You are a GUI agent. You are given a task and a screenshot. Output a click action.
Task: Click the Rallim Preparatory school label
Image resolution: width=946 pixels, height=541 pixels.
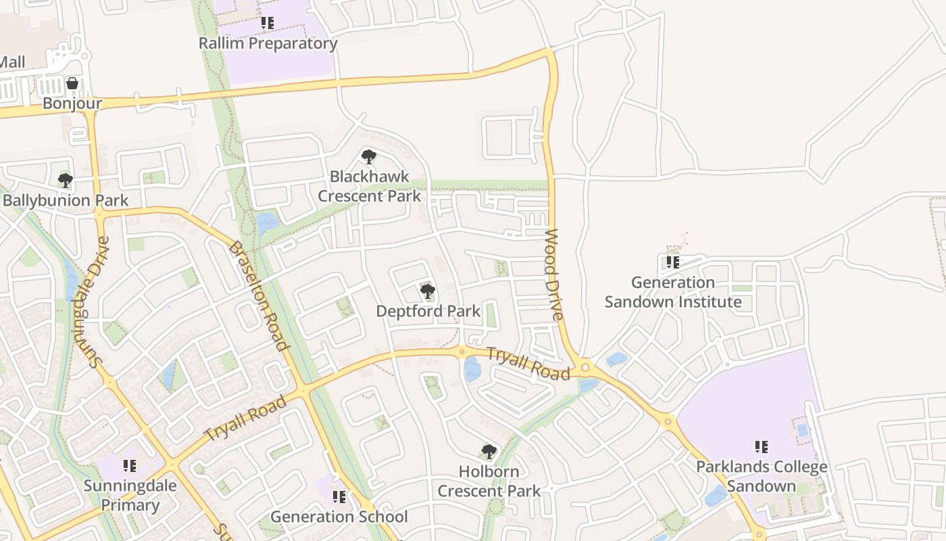coord(268,43)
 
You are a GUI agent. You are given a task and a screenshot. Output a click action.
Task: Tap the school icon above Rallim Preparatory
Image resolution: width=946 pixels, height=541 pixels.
coord(268,23)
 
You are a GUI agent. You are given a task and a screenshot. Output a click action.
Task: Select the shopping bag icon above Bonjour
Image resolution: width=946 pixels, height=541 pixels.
coord(72,83)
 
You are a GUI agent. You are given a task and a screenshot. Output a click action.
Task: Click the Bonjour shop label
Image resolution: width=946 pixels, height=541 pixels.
coord(72,103)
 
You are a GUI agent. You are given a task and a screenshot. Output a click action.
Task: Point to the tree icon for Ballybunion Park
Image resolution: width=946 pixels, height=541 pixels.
coord(66,181)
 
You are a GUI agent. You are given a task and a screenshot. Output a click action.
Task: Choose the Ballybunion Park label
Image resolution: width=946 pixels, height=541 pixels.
coord(66,201)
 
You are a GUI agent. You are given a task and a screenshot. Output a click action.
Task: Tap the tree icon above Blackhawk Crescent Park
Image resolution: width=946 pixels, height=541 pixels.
coord(368,157)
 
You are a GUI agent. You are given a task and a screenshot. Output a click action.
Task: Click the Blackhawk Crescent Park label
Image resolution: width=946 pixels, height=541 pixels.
coord(369,186)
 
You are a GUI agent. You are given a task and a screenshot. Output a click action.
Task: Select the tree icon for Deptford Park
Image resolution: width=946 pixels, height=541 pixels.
coord(427,291)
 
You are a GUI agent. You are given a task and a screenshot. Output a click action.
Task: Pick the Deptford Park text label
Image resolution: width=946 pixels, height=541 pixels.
coord(428,311)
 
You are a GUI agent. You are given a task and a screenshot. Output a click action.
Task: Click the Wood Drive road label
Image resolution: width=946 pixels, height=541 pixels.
coord(554,275)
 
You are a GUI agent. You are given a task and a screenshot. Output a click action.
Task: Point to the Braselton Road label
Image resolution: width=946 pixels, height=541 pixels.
coord(256,296)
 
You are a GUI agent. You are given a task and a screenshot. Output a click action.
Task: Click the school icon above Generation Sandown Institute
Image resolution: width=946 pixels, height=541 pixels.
coord(672,262)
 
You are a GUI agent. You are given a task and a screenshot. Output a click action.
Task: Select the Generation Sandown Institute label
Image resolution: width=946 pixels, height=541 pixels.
coord(673,292)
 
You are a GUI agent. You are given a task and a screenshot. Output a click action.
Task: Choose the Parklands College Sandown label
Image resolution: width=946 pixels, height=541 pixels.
coord(762,476)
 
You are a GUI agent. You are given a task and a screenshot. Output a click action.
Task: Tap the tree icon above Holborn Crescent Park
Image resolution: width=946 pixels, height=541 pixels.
coord(489,451)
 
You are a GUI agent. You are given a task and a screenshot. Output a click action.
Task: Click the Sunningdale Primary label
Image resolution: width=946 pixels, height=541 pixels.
coord(130,495)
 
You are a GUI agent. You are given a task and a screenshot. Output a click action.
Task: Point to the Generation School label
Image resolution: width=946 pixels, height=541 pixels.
coord(339,517)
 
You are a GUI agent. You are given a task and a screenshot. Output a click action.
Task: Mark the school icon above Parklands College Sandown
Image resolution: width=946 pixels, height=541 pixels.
coord(762,446)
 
